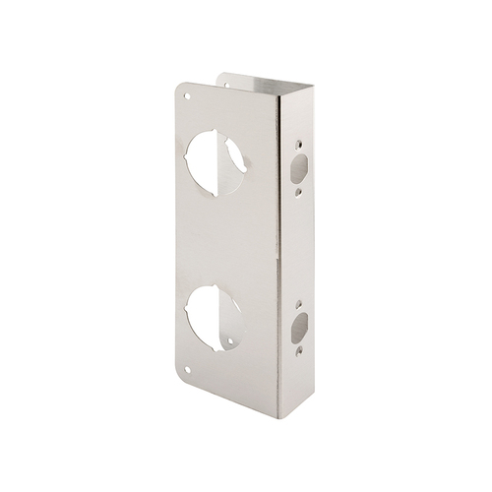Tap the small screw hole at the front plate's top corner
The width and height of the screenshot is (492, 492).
tap(187, 98)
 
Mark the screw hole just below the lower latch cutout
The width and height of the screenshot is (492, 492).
tap(299, 346)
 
